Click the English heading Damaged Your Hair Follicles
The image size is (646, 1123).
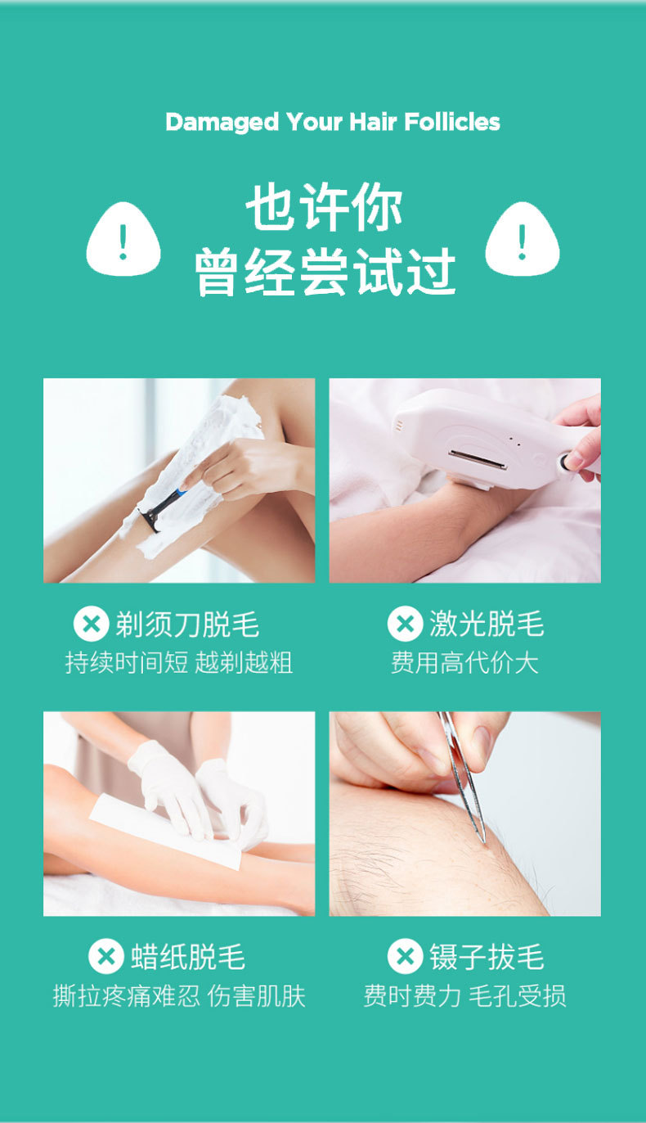tap(332, 123)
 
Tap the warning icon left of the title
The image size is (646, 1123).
tap(123, 240)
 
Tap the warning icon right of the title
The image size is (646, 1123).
tap(522, 240)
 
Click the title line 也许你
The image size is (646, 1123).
tap(325, 210)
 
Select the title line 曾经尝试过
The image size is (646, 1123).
tap(325, 272)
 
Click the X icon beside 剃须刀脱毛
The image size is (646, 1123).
tap(91, 624)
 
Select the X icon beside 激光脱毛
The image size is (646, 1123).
tap(405, 624)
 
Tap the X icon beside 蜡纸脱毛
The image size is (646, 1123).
tap(105, 956)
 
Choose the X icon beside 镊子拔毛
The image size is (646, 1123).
tap(405, 956)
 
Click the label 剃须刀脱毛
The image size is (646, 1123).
tap(187, 625)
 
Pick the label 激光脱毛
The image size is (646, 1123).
tap(487, 625)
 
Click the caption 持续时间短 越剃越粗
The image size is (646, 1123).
tap(179, 663)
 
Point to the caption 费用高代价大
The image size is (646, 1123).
tap(464, 663)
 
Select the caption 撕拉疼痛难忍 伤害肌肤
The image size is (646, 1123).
tap(179, 996)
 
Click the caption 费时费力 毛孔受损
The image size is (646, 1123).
tap(464, 996)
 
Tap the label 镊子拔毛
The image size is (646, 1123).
tap(487, 957)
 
